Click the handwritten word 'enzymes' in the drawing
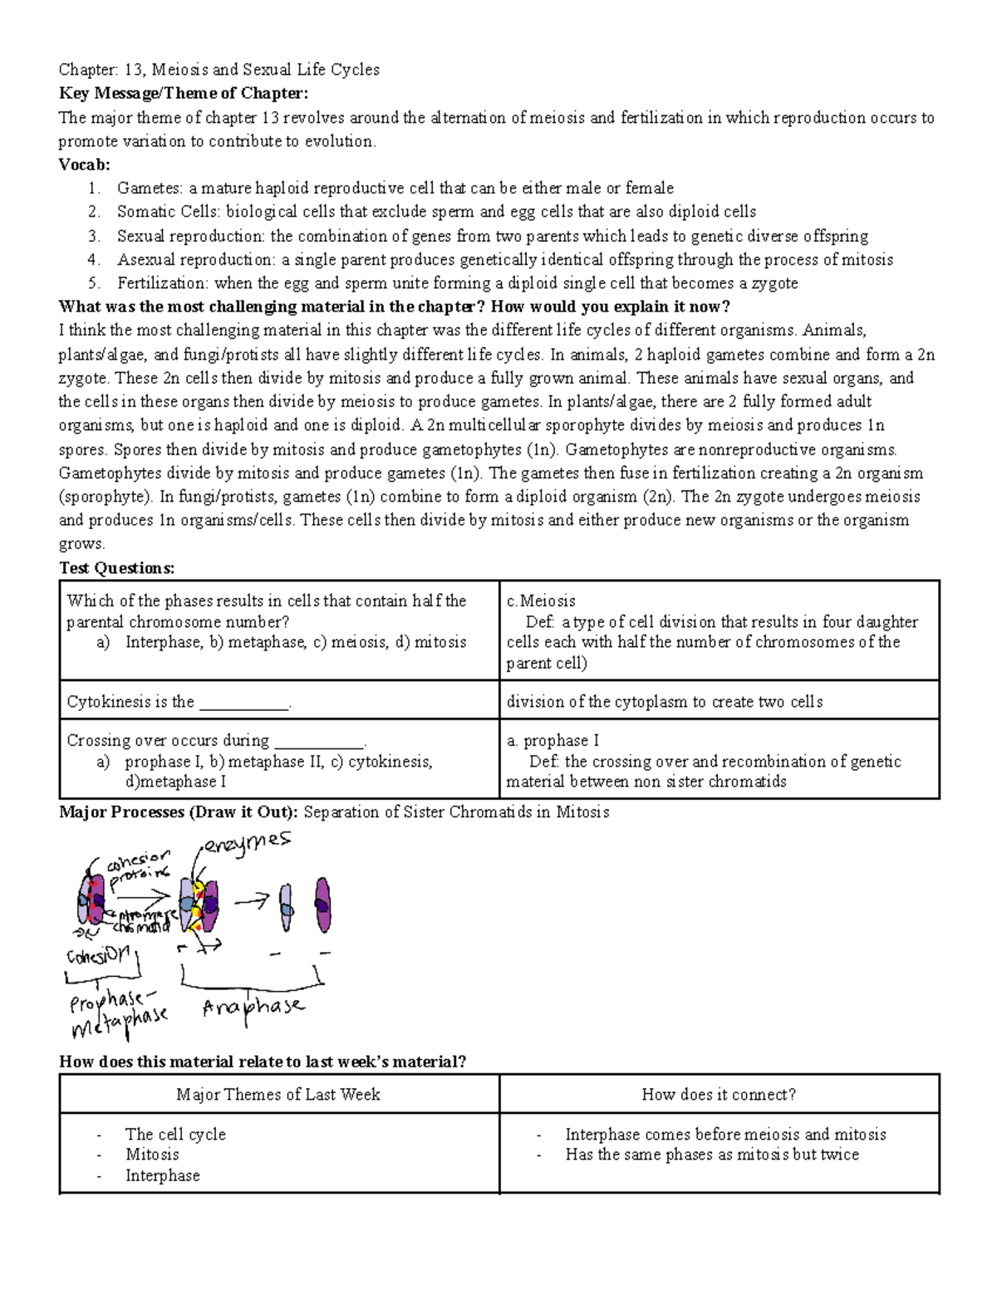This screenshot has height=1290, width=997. pyautogui.click(x=248, y=842)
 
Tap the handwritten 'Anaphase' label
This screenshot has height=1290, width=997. pyautogui.click(x=253, y=1008)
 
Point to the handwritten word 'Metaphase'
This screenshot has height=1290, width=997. pyautogui.click(x=120, y=1023)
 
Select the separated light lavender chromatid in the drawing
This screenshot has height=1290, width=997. pyautogui.click(x=285, y=906)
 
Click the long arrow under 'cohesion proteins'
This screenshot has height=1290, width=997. pyautogui.click(x=141, y=895)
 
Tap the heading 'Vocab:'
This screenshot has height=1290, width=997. pyautogui.click(x=84, y=164)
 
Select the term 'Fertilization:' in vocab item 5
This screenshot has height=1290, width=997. pyautogui.click(x=164, y=283)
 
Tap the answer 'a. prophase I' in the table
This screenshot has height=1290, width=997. pyautogui.click(x=553, y=740)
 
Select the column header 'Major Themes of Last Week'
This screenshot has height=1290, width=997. pyautogui.click(x=278, y=1094)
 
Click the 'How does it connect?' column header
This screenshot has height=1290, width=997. pyautogui.click(x=719, y=1094)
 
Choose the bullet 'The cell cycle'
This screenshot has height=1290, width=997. pyautogui.click(x=175, y=1134)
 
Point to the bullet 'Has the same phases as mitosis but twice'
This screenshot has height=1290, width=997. pyautogui.click(x=712, y=1155)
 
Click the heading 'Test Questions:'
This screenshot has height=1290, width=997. pyautogui.click(x=117, y=568)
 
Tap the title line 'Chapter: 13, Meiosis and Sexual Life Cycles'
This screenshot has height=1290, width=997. pyautogui.click(x=219, y=70)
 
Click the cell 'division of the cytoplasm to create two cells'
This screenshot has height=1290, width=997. pyautogui.click(x=665, y=702)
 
